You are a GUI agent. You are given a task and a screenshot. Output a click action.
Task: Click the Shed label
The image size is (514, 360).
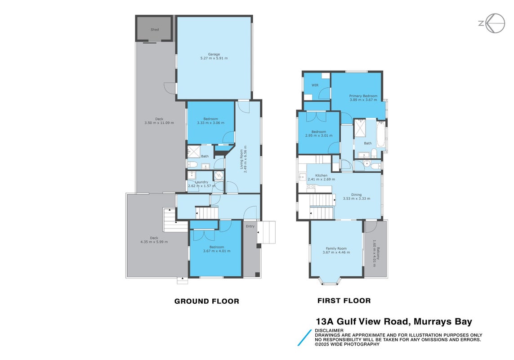coord(155,30)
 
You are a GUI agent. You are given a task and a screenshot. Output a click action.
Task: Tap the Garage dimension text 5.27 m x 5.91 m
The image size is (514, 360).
coord(214,58)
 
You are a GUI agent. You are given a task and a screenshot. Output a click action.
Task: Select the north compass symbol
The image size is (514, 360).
coord(492,23)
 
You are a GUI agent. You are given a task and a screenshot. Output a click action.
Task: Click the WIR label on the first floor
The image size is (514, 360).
coord(315,85)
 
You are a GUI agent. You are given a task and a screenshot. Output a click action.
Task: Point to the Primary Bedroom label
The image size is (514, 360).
coord(363,96)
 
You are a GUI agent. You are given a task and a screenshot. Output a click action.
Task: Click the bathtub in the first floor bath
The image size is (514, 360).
coord(380,134)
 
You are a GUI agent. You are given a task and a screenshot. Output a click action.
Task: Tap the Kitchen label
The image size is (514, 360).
coord(321,175)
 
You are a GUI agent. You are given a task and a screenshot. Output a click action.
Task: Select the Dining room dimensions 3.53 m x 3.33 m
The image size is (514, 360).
coord(357,198)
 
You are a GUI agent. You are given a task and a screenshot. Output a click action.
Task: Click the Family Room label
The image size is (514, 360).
coord(336,248)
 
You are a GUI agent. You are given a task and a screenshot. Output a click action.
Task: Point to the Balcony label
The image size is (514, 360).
coord(378,253)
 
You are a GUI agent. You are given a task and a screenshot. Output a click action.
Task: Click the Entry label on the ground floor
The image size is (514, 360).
coord(250,226)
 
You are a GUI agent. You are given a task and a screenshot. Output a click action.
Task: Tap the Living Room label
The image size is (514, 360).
coord(241,159)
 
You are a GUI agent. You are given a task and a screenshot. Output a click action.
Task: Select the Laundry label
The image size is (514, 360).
coord(201,182)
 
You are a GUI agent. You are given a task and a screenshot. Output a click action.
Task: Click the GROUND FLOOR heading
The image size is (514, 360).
coord(207,301)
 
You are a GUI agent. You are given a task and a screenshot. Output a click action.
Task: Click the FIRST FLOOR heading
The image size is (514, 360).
coord(344,301)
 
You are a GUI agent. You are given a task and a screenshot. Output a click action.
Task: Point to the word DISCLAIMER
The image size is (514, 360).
coord(329,330)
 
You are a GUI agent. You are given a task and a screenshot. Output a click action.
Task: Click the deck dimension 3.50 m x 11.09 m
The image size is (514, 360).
coord(159,123)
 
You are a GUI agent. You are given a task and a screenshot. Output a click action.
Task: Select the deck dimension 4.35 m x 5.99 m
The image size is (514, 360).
coord(154,242)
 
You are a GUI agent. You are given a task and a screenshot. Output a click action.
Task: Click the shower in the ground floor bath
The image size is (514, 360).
coord(194,152)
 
